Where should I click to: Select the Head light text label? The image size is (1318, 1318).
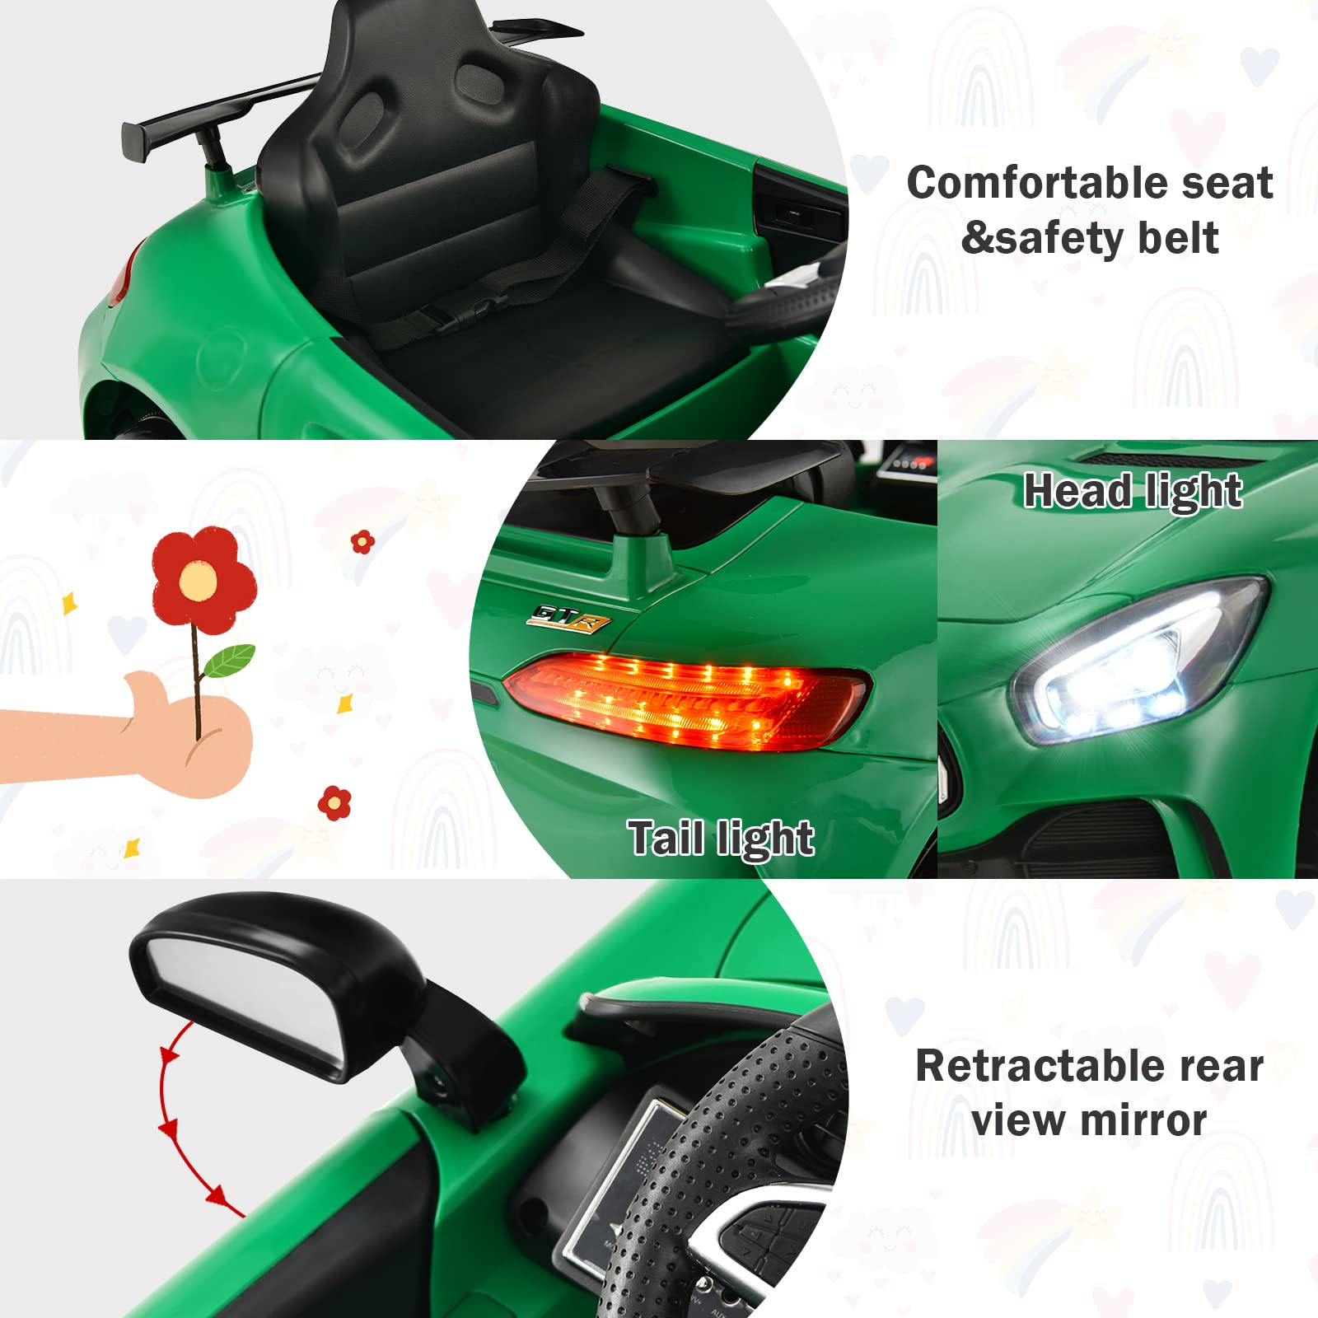1133,491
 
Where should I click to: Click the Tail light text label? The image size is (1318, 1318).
721,839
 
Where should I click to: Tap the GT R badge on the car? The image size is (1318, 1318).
569,618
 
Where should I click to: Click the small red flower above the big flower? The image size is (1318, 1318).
362,542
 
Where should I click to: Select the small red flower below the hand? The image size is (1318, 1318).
334,802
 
